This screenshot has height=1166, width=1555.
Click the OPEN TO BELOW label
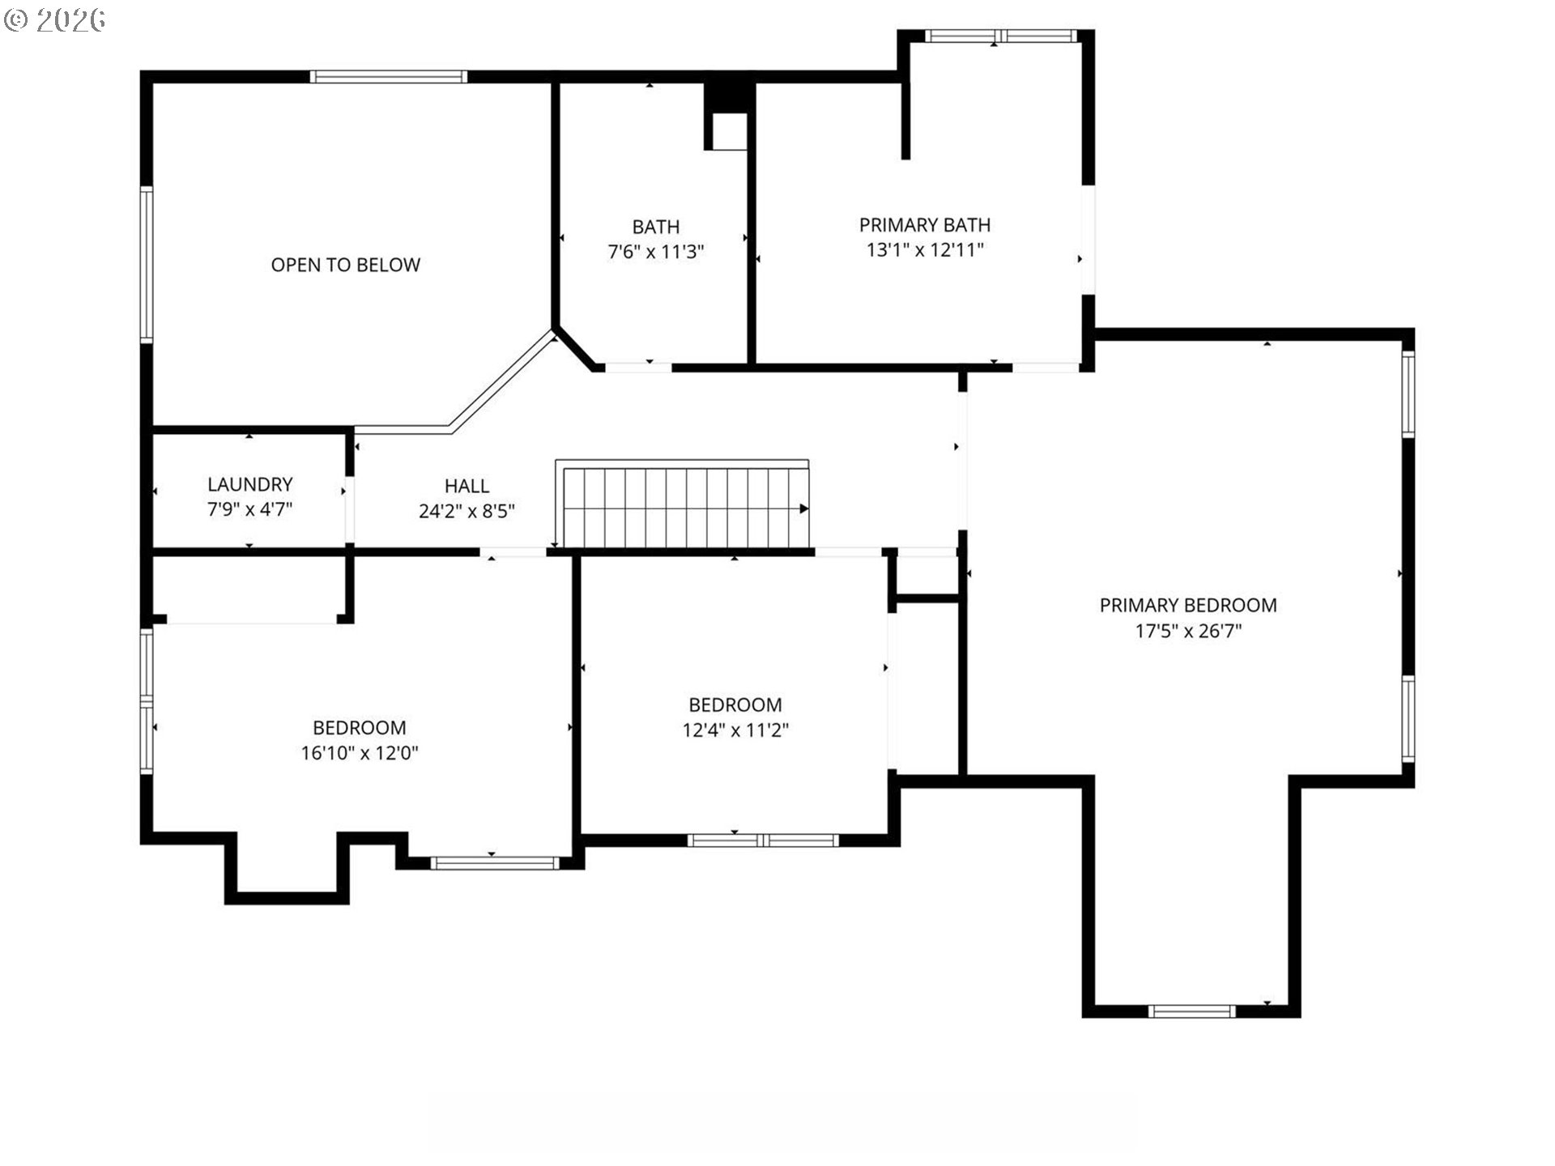click(346, 265)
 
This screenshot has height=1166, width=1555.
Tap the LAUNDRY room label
click(249, 484)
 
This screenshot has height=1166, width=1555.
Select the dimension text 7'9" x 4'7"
click(249, 509)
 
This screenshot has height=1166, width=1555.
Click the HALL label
click(466, 486)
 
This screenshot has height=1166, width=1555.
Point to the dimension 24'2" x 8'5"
click(466, 511)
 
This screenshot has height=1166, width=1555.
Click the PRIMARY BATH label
click(925, 224)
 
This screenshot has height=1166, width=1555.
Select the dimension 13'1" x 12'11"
click(925, 249)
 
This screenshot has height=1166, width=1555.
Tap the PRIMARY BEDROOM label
click(1188, 605)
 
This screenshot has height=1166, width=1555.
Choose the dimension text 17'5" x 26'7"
click(1188, 631)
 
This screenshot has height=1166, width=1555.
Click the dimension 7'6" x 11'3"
click(656, 252)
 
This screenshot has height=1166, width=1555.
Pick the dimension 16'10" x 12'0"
click(360, 753)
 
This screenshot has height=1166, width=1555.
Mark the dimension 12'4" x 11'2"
click(735, 730)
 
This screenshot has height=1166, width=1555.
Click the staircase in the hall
click(682, 504)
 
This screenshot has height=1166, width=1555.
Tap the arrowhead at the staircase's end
click(804, 509)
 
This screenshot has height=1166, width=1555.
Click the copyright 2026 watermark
click(54, 20)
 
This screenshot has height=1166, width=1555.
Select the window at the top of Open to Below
click(389, 77)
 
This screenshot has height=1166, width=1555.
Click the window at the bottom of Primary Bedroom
click(1192, 1011)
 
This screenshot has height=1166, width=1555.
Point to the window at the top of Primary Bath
click(1001, 36)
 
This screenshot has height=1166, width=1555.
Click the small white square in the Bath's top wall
click(729, 131)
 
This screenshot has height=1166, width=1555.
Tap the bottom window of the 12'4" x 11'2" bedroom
click(763, 840)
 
